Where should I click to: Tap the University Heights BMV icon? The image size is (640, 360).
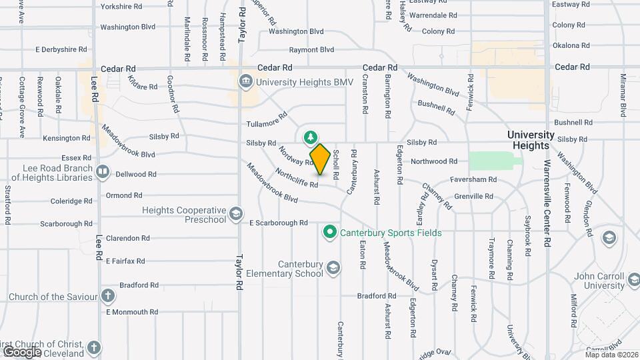tap(245, 82)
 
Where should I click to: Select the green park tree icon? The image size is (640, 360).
tap(310, 138)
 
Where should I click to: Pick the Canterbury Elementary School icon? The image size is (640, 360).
tap(333, 268)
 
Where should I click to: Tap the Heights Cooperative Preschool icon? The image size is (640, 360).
tap(235, 215)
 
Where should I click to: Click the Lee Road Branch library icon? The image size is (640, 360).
tap(102, 173)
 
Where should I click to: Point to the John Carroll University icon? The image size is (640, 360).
tap(609, 238)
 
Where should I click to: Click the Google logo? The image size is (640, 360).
tap(22, 351)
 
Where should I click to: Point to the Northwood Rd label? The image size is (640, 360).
tap(434, 161)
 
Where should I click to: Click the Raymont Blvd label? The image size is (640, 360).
tap(311, 50)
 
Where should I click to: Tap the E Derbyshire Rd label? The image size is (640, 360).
tap(61, 49)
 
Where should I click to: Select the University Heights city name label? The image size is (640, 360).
tap(531, 140)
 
